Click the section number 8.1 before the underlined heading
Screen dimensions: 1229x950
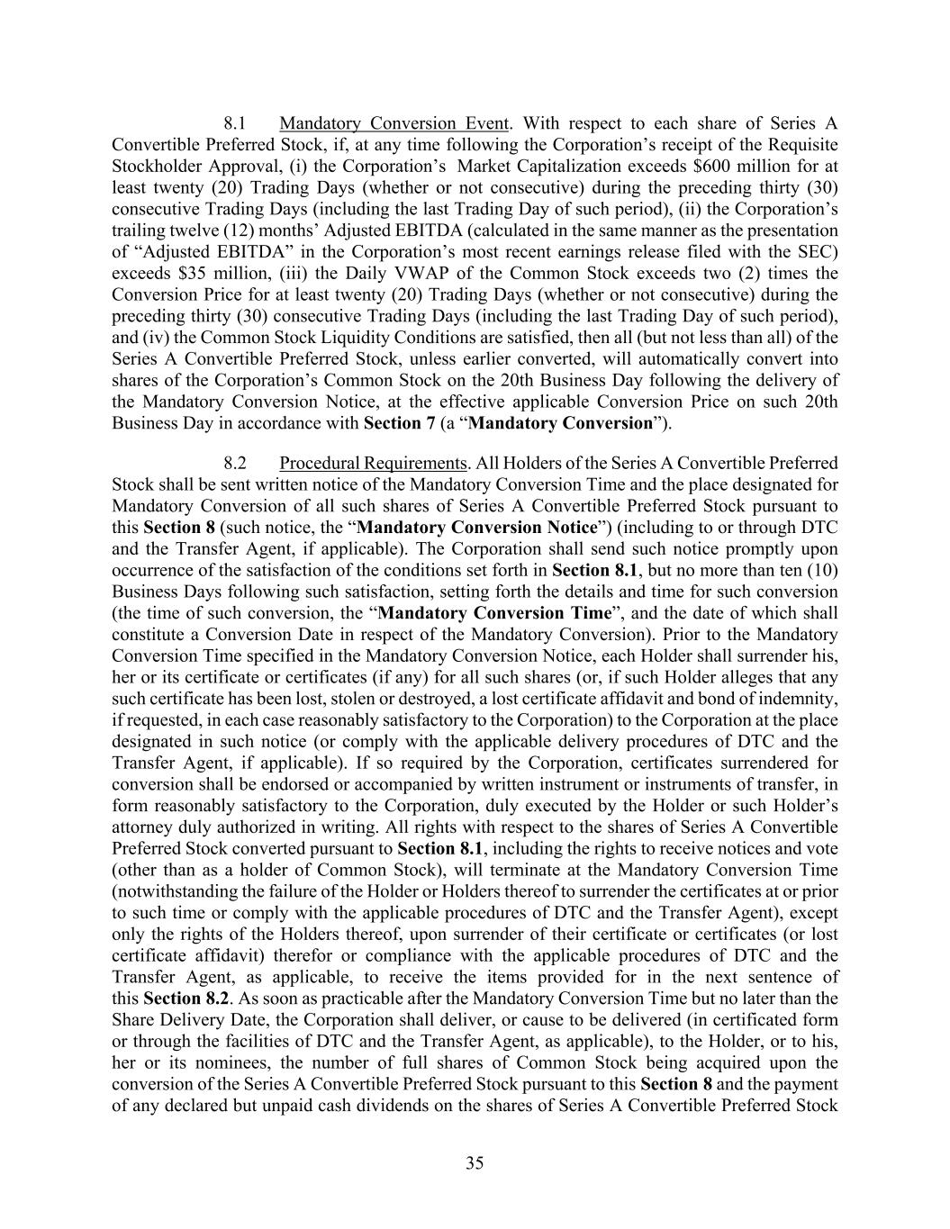(235, 123)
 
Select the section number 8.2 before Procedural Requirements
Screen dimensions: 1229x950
(235, 464)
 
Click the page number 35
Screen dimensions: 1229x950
(475, 1163)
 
